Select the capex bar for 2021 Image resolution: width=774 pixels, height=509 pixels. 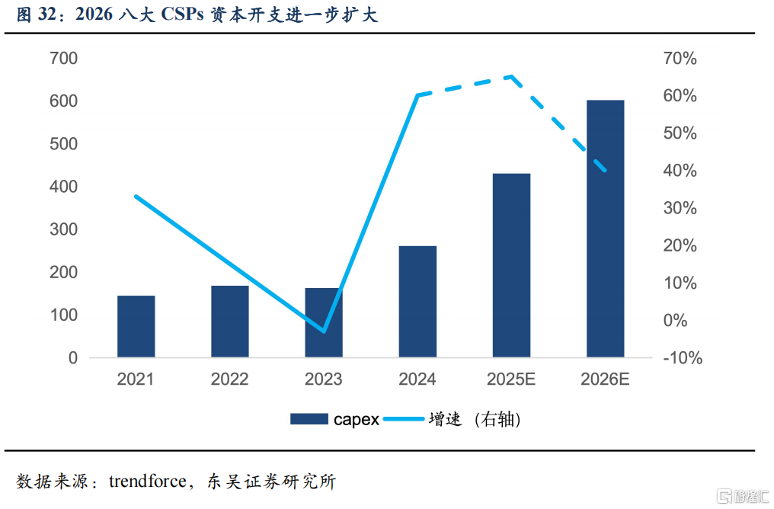pyautogui.click(x=136, y=326)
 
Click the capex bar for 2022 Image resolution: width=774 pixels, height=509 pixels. pyautogui.click(x=230, y=322)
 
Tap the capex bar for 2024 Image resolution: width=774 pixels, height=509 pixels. pyautogui.click(x=417, y=302)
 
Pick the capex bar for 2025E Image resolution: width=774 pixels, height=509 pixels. pyautogui.click(x=511, y=265)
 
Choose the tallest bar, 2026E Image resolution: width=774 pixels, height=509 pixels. pyautogui.click(x=605, y=229)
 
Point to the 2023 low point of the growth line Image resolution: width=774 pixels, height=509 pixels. pyautogui.click(x=324, y=331)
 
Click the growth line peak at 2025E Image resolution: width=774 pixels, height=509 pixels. pyautogui.click(x=511, y=76)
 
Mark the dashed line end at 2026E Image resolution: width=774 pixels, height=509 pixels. pyautogui.click(x=605, y=170)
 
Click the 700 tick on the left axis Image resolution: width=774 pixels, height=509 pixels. pyautogui.click(x=63, y=59)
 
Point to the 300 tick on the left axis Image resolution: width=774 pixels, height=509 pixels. pyautogui.click(x=63, y=229)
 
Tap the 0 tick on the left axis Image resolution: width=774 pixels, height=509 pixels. pyautogui.click(x=73, y=358)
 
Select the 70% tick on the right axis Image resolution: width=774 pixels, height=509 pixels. pyautogui.click(x=680, y=59)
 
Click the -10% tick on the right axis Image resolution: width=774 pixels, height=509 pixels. pyautogui.click(x=681, y=358)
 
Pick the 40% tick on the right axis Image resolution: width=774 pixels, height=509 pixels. pyautogui.click(x=680, y=171)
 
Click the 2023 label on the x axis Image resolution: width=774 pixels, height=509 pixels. pyautogui.click(x=324, y=379)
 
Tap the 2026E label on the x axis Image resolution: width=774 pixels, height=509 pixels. pyautogui.click(x=605, y=379)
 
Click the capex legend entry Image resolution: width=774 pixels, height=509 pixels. pyautogui.click(x=334, y=419)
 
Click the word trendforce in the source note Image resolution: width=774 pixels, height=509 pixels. pyautogui.click(x=147, y=482)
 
